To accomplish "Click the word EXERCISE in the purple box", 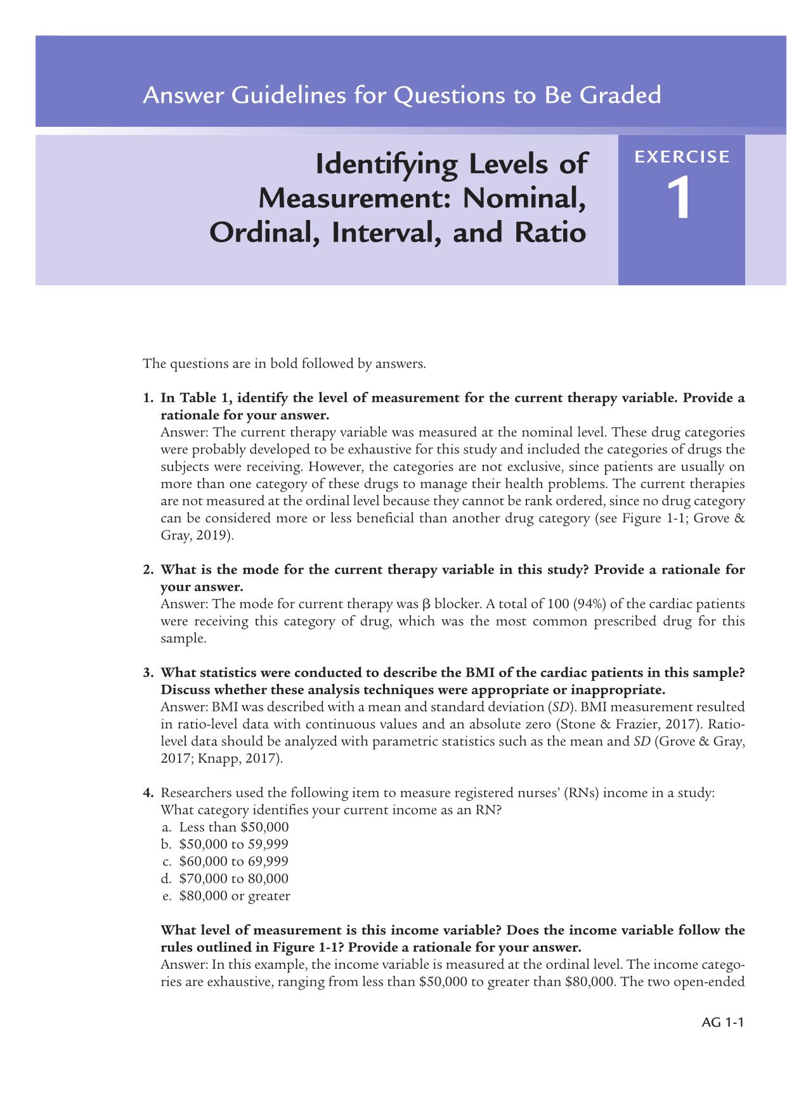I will (x=682, y=157).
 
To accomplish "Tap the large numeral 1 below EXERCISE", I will (x=679, y=199).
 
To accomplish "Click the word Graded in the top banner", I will (x=620, y=95).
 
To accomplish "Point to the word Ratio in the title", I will (x=550, y=232).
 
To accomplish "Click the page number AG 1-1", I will (x=722, y=1022).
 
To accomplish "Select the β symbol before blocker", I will (x=426, y=605).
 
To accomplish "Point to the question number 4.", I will (x=148, y=793).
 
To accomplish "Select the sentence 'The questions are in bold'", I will (x=284, y=364).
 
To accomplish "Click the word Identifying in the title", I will (x=387, y=165).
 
